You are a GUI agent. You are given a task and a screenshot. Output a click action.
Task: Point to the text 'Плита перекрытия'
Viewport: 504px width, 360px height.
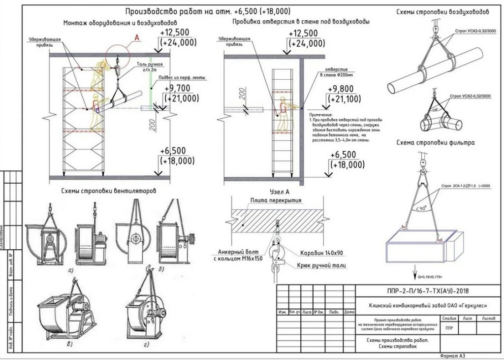(276, 200)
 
